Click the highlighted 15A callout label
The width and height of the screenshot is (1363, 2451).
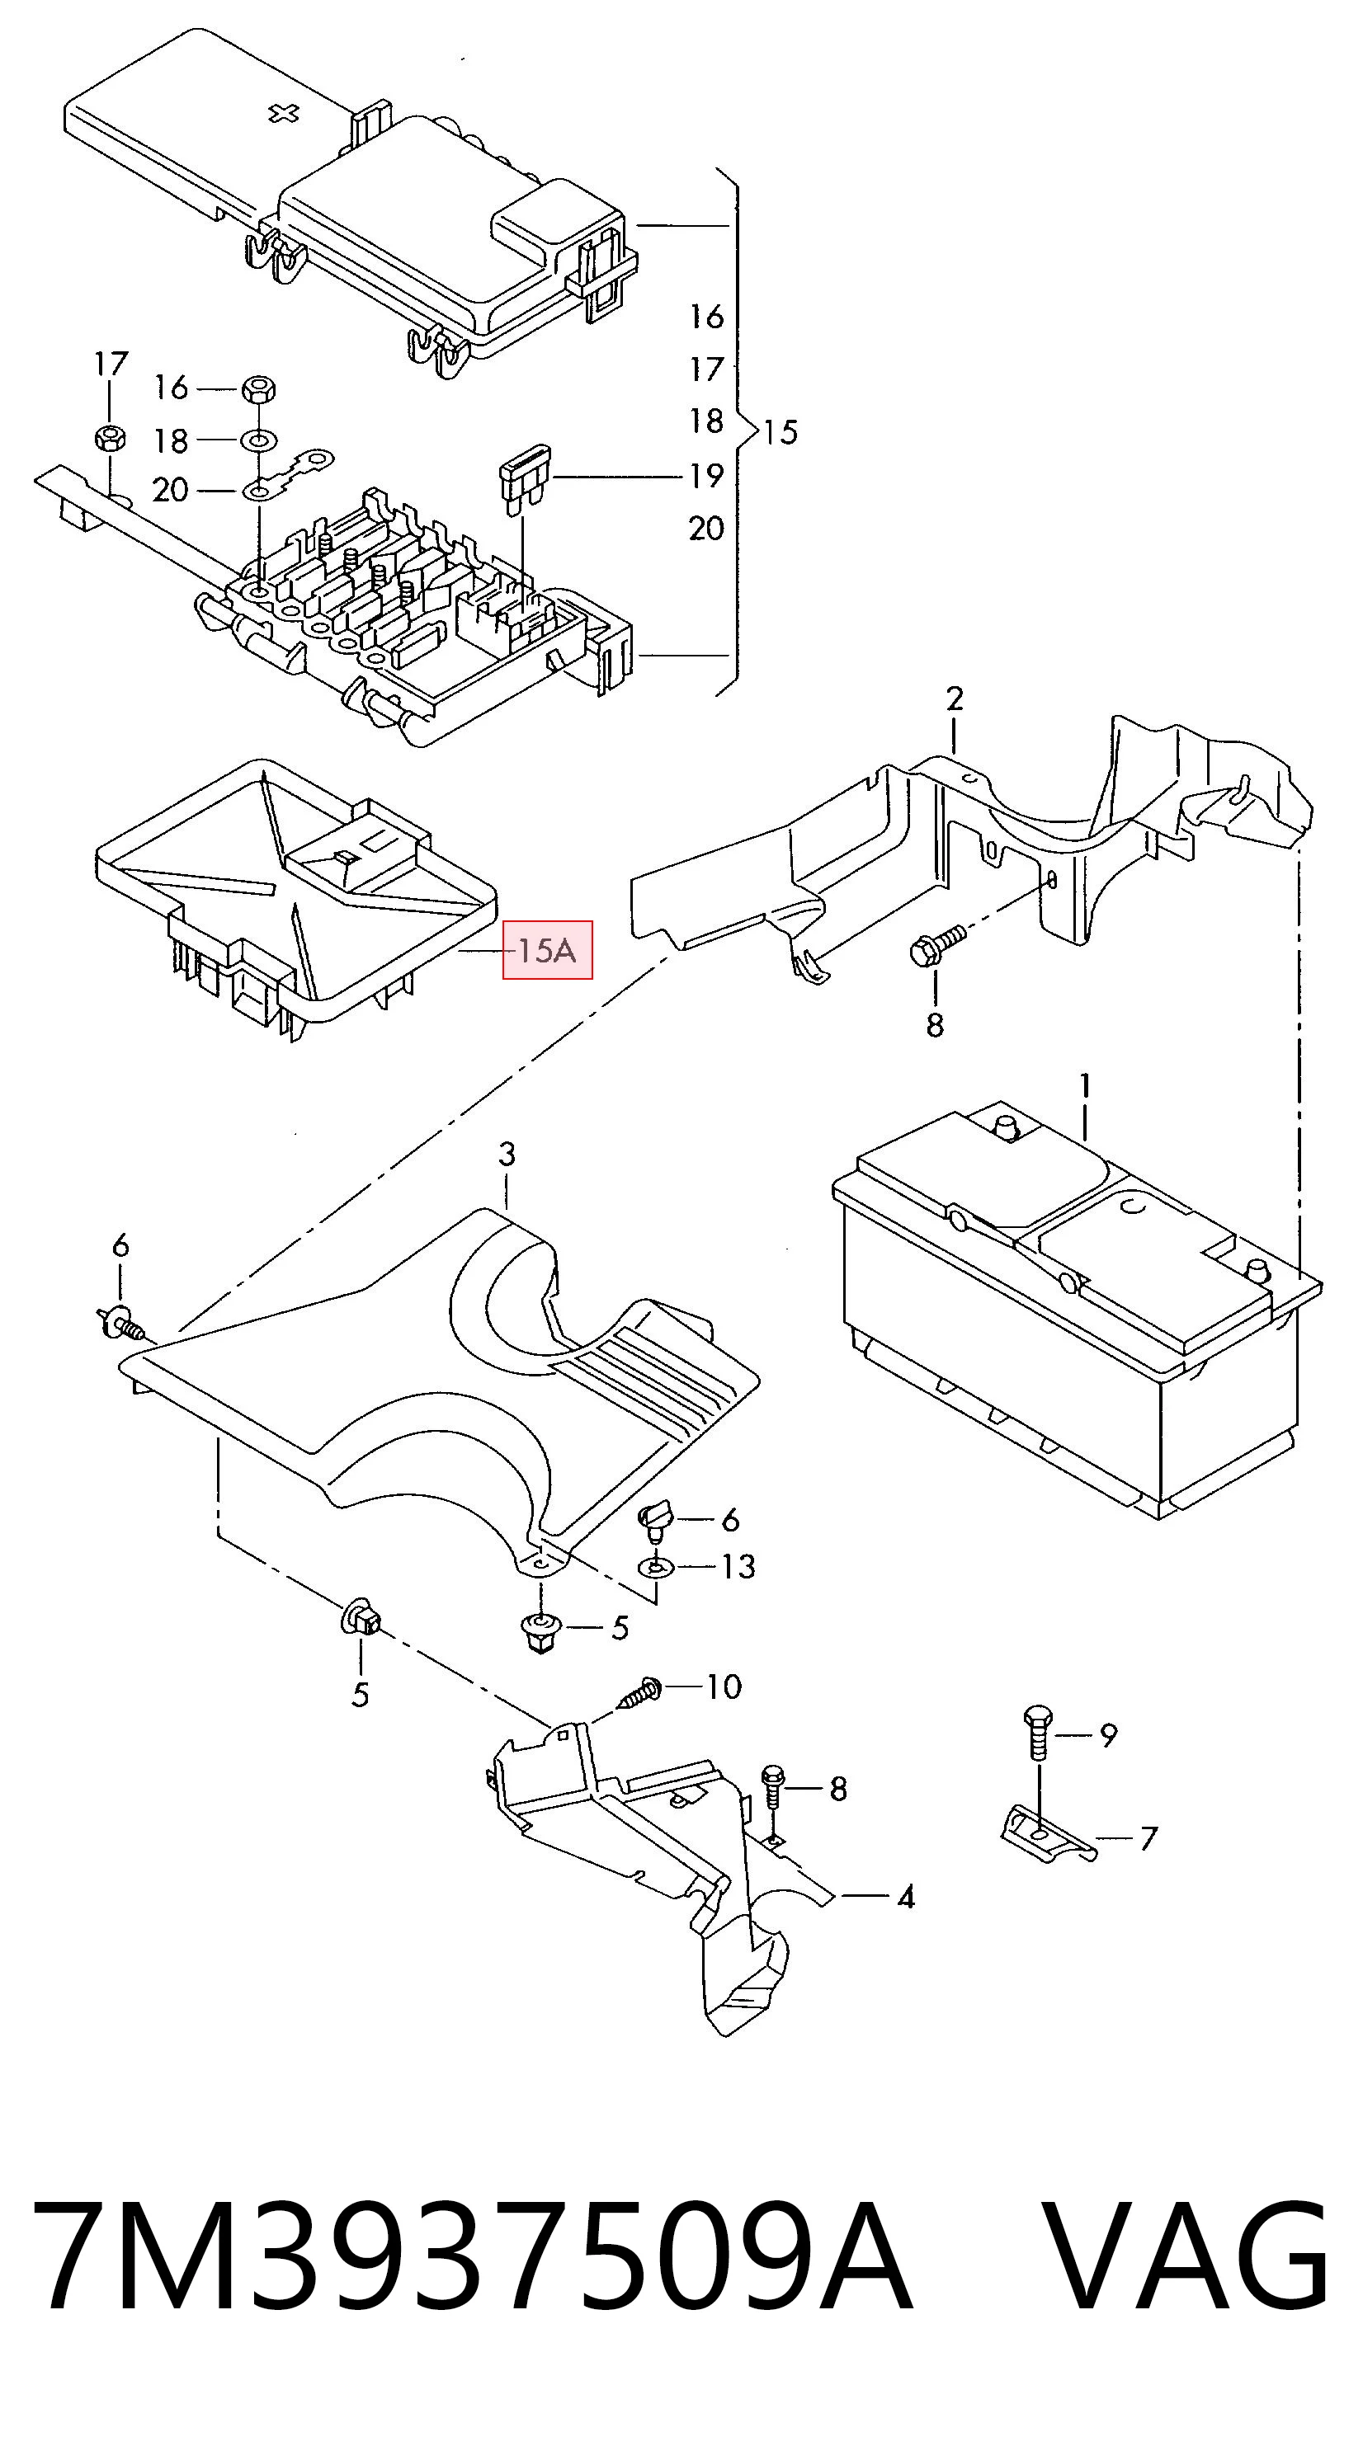point(547,949)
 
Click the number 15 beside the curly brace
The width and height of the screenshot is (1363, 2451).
point(780,432)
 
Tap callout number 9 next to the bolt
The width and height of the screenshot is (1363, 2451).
point(1108,1735)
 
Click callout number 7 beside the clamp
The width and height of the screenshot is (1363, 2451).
point(1148,1838)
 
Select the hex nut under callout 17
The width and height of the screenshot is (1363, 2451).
point(110,439)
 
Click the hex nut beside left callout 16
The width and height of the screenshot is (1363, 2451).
point(258,388)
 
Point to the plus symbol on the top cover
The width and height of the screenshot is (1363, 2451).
point(283,113)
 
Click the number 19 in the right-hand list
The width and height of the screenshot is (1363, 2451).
point(706,475)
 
